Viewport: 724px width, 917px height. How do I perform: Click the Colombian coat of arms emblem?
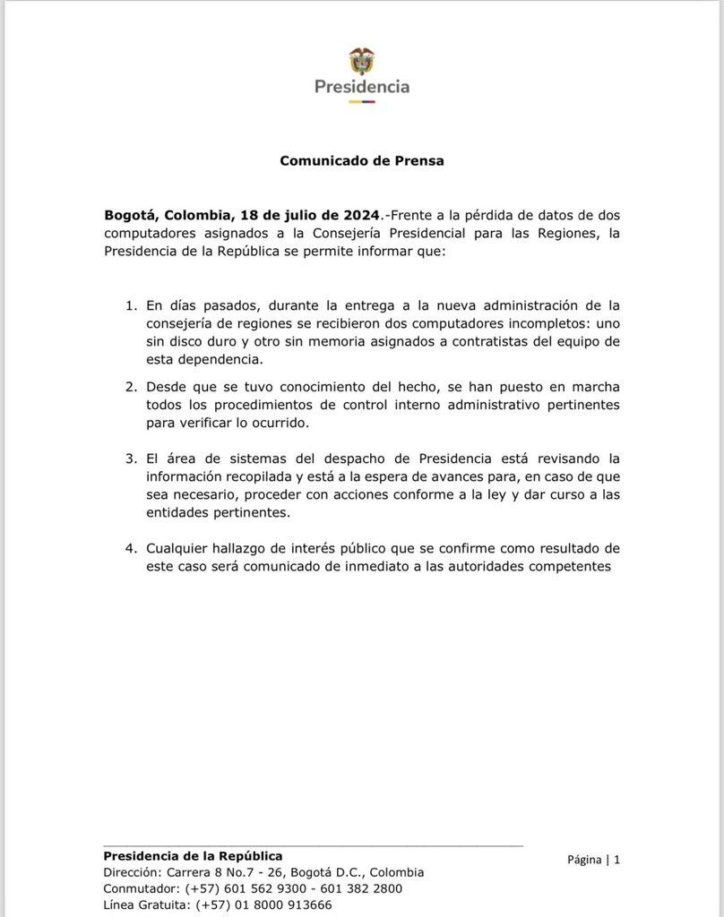(362, 61)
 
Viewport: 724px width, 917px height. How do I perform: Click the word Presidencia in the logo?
(362, 87)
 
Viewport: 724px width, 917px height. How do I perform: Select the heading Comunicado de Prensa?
(362, 161)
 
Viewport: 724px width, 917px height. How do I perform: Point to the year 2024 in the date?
(361, 215)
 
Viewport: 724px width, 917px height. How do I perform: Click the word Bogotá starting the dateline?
(132, 215)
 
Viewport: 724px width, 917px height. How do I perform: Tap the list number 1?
(131, 305)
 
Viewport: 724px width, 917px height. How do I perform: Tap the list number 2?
(131, 386)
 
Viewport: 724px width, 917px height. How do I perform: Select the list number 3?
(131, 458)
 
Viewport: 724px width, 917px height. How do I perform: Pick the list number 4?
(131, 548)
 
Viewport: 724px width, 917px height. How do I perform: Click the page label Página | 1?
(593, 860)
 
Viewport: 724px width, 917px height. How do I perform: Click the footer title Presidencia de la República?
(194, 856)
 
